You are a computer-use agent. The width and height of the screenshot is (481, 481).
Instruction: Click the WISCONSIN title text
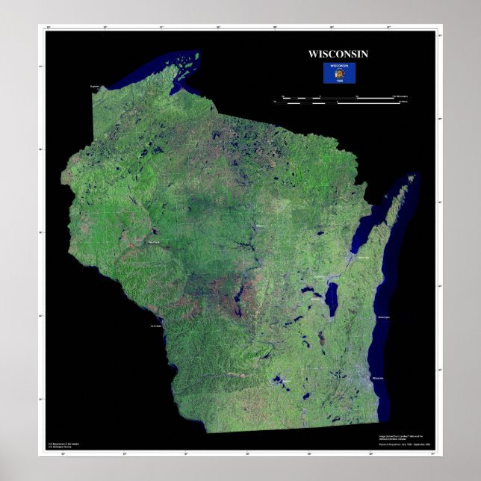click(338, 54)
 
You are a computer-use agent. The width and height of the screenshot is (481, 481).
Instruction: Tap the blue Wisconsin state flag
click(339, 72)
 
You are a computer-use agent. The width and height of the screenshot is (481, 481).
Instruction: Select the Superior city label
click(95, 87)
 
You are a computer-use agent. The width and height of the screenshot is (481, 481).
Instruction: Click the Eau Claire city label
click(154, 243)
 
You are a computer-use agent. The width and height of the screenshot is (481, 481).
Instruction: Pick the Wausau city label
click(260, 226)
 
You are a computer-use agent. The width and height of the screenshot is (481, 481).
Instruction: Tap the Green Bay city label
click(364, 258)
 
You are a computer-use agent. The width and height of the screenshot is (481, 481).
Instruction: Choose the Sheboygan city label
click(385, 317)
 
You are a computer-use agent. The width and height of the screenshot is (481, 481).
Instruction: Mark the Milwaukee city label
click(378, 378)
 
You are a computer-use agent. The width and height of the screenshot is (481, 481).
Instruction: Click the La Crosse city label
click(156, 326)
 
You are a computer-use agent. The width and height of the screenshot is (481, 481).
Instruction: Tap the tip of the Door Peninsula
click(412, 177)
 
